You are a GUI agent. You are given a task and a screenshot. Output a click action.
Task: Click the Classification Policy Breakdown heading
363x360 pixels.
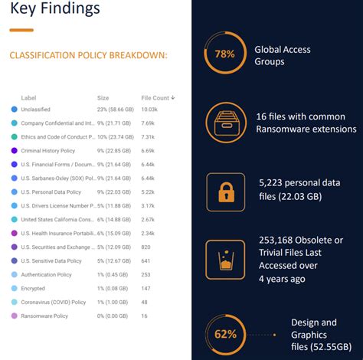tap(88, 55)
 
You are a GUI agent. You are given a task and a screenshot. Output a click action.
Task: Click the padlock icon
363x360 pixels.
tap(226, 191)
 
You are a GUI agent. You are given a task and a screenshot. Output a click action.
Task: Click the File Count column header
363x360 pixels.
tap(159, 97)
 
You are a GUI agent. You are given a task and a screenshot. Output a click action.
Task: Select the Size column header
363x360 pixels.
tap(103, 97)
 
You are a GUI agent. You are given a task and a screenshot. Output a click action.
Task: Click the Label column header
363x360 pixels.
tap(28, 97)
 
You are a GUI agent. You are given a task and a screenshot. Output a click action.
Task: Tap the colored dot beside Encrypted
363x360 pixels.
tap(14, 288)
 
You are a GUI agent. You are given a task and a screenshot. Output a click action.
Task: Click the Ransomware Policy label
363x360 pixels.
tap(45, 315)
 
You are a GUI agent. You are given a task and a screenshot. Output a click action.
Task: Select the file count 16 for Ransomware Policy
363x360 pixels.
tap(146, 315)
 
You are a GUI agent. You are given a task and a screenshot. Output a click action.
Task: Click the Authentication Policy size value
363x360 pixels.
tap(112, 274)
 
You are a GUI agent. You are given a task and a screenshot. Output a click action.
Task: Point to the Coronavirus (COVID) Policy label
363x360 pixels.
tap(54, 301)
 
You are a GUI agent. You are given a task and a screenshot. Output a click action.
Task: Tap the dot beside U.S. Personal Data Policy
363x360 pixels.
tap(14, 192)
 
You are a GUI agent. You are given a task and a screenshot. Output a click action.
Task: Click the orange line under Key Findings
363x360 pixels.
tap(21, 30)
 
